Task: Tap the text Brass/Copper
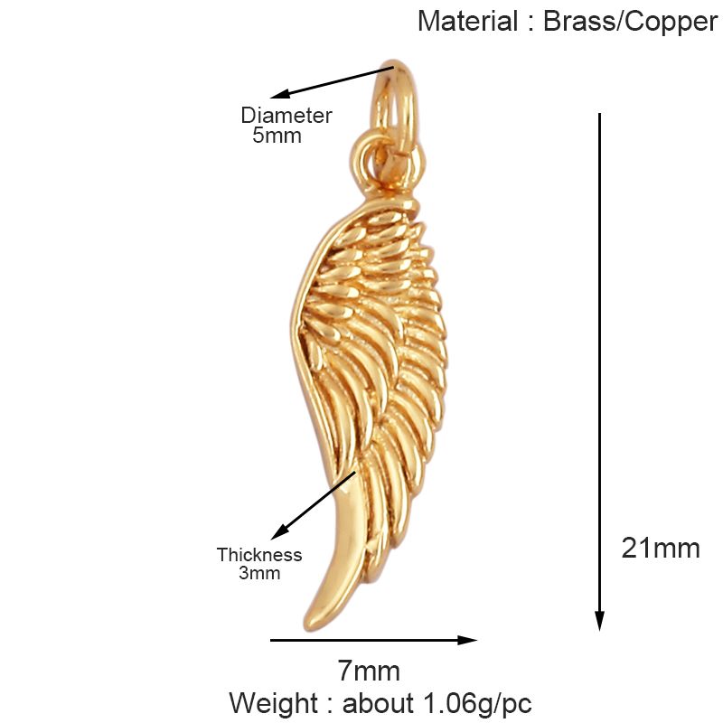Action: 630,22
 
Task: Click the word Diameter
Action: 286,116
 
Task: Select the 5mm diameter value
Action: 276,136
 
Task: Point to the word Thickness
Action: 259,555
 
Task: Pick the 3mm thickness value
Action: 259,573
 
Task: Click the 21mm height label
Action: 661,548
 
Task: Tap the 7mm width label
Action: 369,671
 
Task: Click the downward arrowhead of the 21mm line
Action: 599,621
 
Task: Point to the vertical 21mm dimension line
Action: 599,361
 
